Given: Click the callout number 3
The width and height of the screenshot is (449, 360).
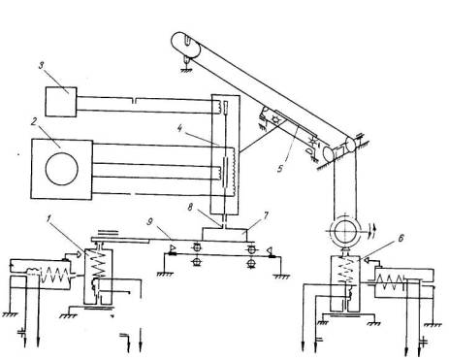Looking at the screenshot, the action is pyautogui.click(x=42, y=66).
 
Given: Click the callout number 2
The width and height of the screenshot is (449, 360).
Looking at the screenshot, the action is pyautogui.click(x=35, y=122).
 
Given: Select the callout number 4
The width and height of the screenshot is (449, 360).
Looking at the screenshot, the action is pyautogui.click(x=180, y=129).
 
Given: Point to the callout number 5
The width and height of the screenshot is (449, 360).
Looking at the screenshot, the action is pyautogui.click(x=280, y=169).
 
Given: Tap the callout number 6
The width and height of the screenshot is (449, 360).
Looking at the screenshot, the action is pyautogui.click(x=401, y=238).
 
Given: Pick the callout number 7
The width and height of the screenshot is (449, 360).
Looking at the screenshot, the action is pyautogui.click(x=266, y=216).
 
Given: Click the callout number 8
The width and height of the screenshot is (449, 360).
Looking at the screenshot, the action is pyautogui.click(x=190, y=208).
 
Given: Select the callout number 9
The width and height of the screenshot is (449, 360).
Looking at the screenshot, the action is pyautogui.click(x=150, y=222).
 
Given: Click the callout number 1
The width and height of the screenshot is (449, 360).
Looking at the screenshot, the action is pyautogui.click(x=48, y=219).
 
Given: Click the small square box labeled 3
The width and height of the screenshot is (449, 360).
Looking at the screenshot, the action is pyautogui.click(x=61, y=102).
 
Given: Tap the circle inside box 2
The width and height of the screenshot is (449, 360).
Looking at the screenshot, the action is pyautogui.click(x=62, y=169).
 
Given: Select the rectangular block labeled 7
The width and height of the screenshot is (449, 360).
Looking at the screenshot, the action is pyautogui.click(x=224, y=234).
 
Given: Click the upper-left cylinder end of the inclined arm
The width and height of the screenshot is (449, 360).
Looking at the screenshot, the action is pyautogui.click(x=185, y=45).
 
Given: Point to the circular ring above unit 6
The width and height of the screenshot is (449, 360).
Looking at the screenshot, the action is pyautogui.click(x=345, y=232).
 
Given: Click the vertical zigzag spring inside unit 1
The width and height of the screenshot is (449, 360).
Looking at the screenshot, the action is pyautogui.click(x=98, y=265).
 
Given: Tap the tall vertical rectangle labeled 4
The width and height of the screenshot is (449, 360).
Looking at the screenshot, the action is pyautogui.click(x=225, y=154).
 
